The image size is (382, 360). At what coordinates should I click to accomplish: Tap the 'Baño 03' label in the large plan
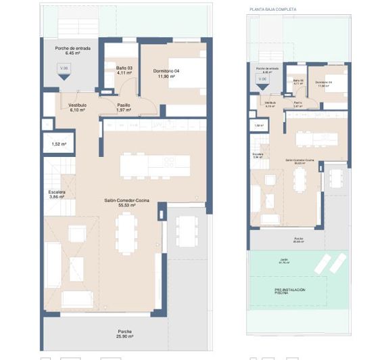(124, 68)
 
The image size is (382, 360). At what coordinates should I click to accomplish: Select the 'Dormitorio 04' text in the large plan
(166, 71)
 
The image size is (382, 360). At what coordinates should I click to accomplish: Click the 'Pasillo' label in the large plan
(123, 105)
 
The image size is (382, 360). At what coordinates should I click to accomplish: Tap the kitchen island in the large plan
(147, 164)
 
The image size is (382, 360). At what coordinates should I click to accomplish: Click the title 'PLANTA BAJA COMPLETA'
(272, 9)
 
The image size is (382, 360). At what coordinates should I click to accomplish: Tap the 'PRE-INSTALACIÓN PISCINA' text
(289, 291)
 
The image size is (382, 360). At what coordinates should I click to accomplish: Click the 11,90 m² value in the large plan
(166, 76)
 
